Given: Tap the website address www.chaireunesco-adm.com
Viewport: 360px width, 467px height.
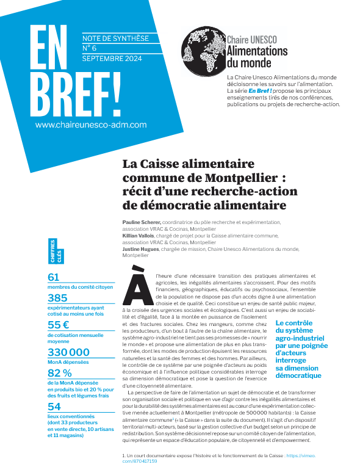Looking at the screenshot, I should pos(91,124).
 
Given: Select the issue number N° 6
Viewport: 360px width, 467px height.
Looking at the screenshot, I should pos(90,47).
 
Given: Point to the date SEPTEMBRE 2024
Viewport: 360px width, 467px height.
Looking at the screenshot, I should pos(112,58).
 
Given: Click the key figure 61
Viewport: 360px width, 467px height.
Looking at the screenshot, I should pos(54,277).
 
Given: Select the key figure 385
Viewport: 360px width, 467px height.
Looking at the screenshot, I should pos(58,298).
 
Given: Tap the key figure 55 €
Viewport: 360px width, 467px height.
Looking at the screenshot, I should pos(60,325).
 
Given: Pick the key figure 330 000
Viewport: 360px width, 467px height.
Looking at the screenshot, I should pos(68,352).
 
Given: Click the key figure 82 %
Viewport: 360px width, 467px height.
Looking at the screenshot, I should pos(60,373).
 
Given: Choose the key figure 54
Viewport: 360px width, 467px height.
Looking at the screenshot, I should pos(54,407).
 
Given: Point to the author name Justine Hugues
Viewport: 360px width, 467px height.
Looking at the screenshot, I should pos(142,248).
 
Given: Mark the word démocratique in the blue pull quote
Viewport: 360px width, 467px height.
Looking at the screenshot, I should pos(298,375).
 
